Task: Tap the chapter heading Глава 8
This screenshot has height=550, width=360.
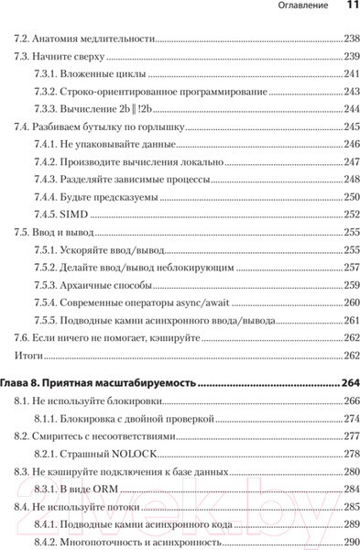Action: [21, 384]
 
